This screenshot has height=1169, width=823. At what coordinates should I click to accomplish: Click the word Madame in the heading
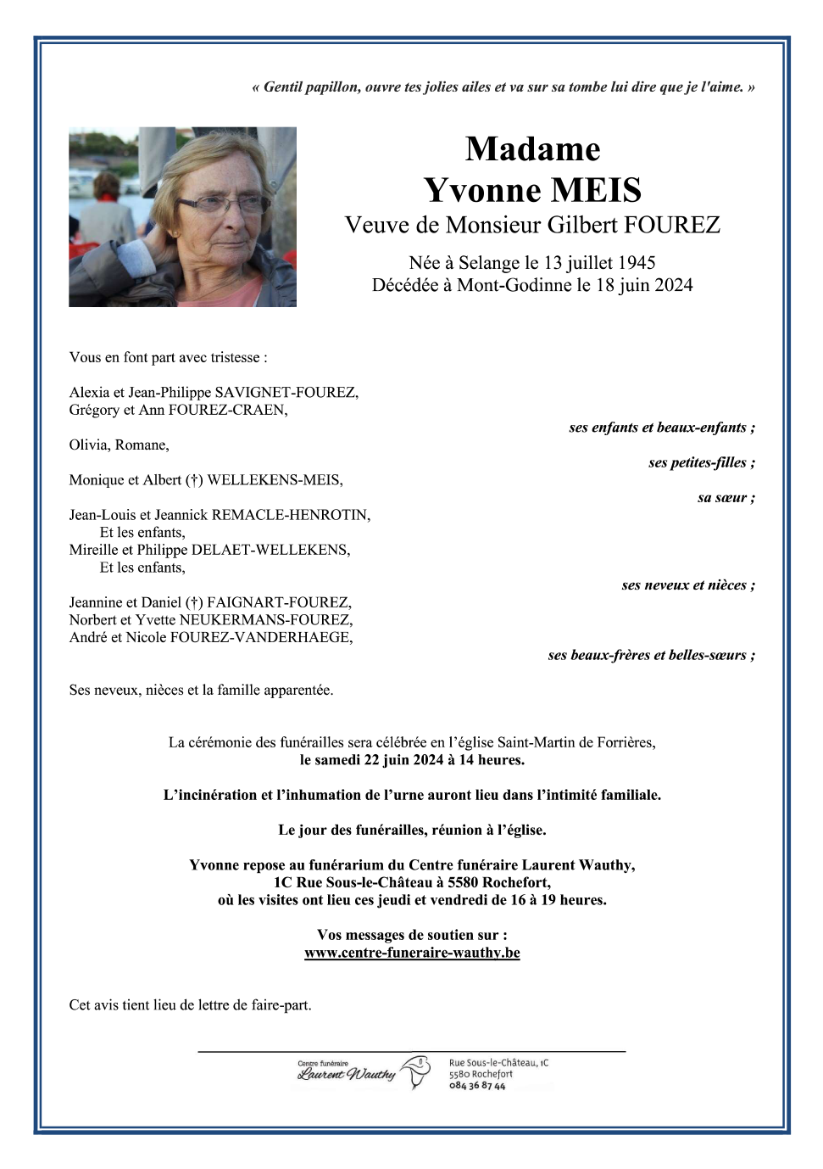click(x=532, y=149)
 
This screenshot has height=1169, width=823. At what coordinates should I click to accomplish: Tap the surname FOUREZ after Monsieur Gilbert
click(x=672, y=225)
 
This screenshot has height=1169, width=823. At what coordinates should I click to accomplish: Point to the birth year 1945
click(x=636, y=263)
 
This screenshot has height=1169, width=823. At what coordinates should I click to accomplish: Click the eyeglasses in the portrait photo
click(x=222, y=204)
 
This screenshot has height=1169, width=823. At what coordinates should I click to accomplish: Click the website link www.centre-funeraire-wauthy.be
click(x=412, y=953)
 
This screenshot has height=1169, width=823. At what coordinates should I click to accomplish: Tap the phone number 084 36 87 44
click(x=477, y=1086)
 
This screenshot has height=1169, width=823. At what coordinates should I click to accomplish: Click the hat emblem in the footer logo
click(x=416, y=1071)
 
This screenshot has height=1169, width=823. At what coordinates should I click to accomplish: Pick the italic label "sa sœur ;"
click(x=726, y=498)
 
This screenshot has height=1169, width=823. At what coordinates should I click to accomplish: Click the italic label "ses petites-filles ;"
click(x=702, y=462)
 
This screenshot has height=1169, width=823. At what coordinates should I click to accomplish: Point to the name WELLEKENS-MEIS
click(x=275, y=480)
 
